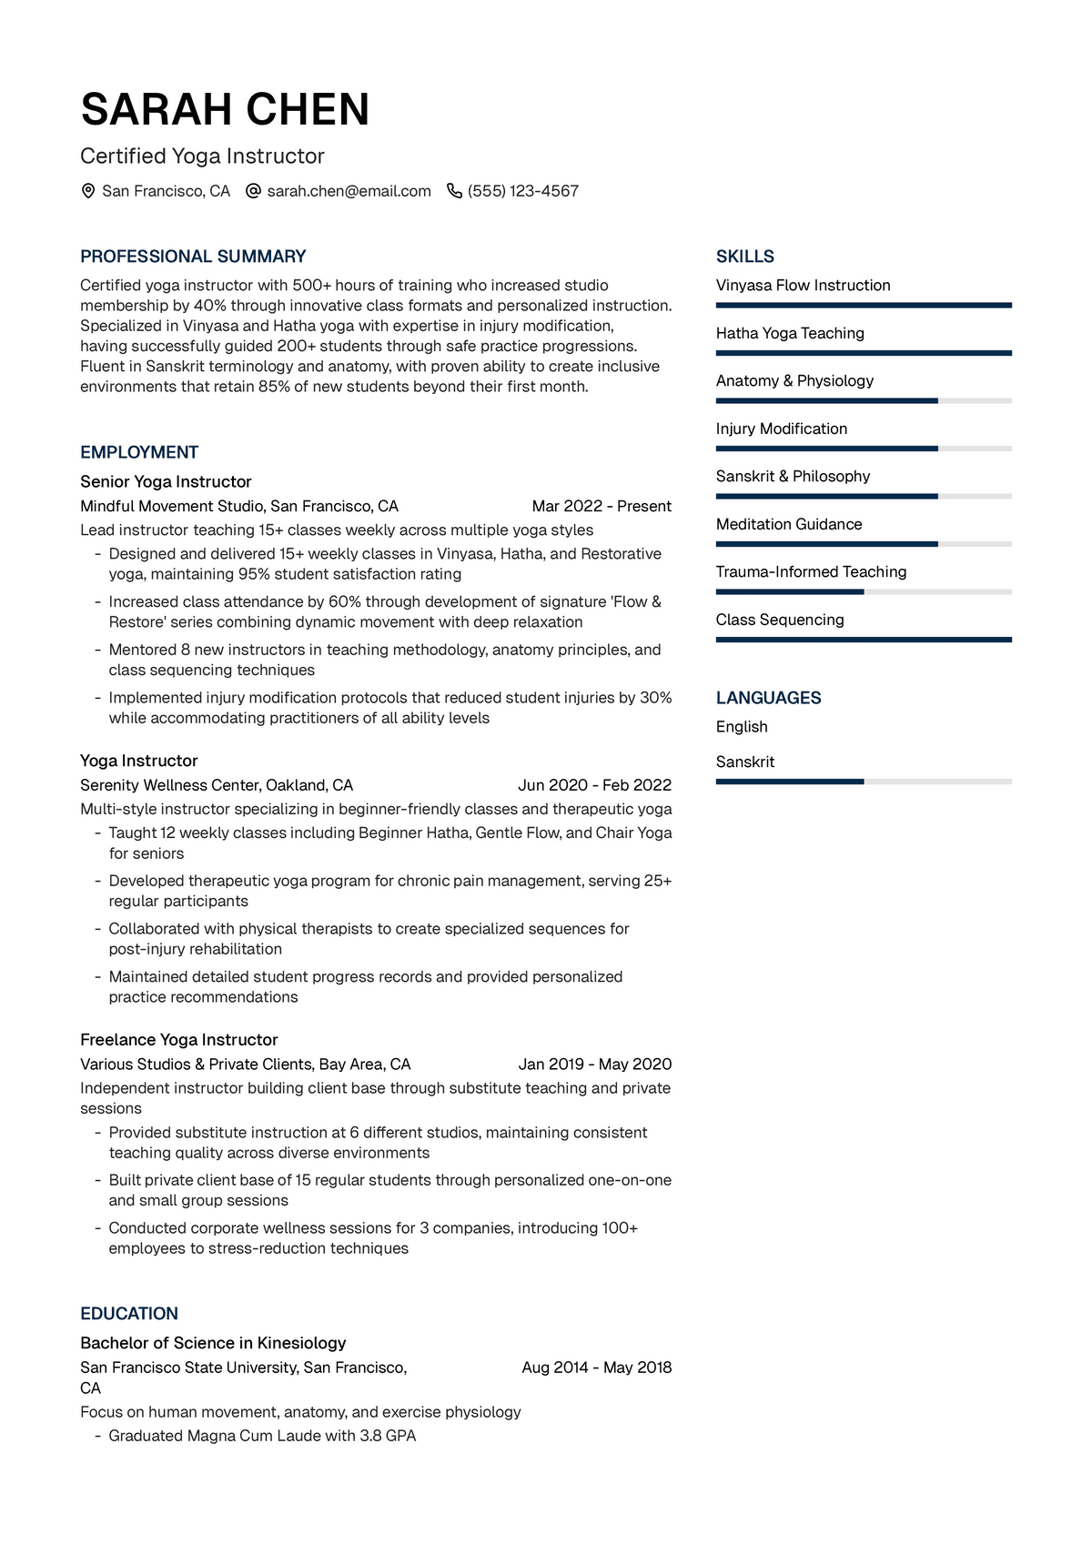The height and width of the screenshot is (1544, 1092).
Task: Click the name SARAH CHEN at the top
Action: pyautogui.click(x=225, y=110)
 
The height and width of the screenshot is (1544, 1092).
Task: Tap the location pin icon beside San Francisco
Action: pyautogui.click(x=88, y=191)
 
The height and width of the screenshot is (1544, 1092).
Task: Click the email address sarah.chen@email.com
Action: pyautogui.click(x=349, y=191)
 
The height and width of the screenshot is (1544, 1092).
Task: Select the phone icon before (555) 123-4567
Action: pyautogui.click(x=454, y=191)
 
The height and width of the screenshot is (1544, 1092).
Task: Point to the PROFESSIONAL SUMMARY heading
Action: pyautogui.click(x=193, y=257)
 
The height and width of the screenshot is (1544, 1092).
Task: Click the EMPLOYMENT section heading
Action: pyautogui.click(x=139, y=452)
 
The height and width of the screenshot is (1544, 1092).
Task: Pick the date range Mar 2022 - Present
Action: pyautogui.click(x=602, y=506)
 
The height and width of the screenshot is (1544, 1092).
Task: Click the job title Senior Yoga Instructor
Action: pyautogui.click(x=166, y=481)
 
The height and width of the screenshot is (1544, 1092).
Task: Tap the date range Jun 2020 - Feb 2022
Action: pyautogui.click(x=594, y=785)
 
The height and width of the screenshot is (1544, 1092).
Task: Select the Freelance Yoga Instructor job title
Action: pyautogui.click(x=179, y=1039)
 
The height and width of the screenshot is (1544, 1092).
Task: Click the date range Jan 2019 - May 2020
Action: pyautogui.click(x=594, y=1064)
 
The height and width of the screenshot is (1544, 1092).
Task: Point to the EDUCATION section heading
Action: pyautogui.click(x=129, y=1314)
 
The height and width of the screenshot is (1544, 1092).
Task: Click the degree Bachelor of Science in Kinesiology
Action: pyautogui.click(x=213, y=1343)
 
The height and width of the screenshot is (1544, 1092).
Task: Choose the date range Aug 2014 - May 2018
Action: pyautogui.click(x=596, y=1367)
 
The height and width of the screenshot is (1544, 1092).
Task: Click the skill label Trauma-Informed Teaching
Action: pyautogui.click(x=811, y=571)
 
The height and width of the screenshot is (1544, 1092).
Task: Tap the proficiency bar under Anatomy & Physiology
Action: pyautogui.click(x=864, y=400)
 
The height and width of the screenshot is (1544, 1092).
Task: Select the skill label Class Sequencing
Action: pyautogui.click(x=780, y=620)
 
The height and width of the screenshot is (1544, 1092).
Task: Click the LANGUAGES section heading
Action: pyautogui.click(x=768, y=698)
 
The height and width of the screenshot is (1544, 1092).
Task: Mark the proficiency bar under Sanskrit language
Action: pyautogui.click(x=864, y=782)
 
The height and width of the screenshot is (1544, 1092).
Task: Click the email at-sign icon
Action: pyautogui.click(x=254, y=191)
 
